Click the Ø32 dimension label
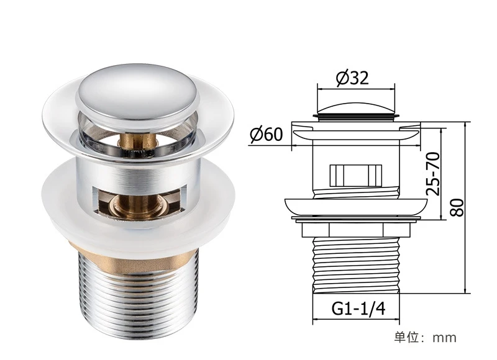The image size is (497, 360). [x=352, y=78]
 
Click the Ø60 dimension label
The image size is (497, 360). [x=266, y=134]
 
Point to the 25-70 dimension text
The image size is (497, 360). [x=432, y=174]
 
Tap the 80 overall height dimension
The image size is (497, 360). [x=457, y=207]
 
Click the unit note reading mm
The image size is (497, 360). [x=445, y=338]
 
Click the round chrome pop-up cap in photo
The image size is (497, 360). [x=138, y=93]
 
